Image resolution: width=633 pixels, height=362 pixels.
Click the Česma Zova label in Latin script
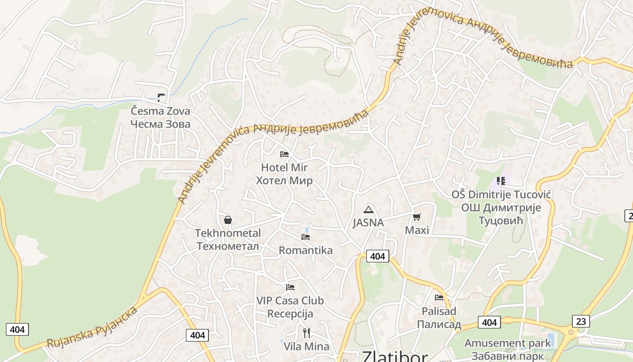161,111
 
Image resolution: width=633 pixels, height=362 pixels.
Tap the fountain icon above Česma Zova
161,97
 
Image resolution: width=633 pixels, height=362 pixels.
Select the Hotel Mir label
284,167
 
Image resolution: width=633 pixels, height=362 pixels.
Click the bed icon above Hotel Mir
284,154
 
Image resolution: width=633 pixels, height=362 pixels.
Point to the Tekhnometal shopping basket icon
228,220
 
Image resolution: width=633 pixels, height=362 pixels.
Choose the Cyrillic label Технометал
228,246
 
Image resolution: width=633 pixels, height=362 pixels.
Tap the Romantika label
306,250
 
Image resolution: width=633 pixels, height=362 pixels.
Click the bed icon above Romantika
306,237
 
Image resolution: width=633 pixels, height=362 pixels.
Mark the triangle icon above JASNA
368,210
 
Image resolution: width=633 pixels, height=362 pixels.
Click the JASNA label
368,223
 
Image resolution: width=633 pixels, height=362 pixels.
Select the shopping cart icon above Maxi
416,217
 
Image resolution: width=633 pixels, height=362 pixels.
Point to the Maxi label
416,230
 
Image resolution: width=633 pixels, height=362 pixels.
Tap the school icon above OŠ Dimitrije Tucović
501,181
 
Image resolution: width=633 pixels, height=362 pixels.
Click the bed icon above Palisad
439,298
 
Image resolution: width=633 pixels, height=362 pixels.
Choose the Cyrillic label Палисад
439,324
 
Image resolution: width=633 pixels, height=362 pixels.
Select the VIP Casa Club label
290,300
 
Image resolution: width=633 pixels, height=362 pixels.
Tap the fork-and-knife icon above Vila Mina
307,333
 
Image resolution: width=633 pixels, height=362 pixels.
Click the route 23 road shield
581,321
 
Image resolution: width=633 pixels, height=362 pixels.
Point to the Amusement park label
508,343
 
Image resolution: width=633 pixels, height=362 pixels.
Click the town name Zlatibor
395,357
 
